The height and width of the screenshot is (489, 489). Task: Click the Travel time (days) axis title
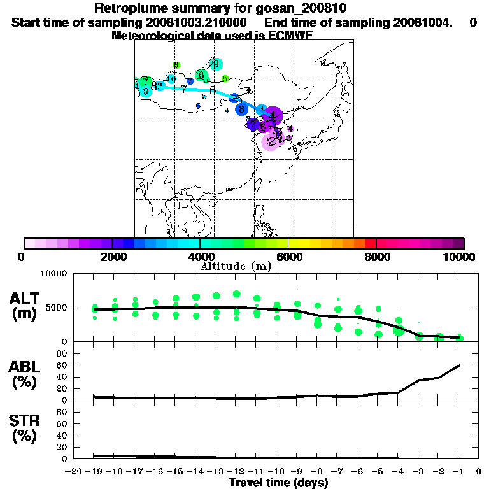(278, 483)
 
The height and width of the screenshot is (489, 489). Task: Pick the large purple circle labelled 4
(273, 116)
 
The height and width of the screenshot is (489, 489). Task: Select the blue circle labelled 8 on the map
(241, 109)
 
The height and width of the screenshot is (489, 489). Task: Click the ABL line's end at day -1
(459, 365)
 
